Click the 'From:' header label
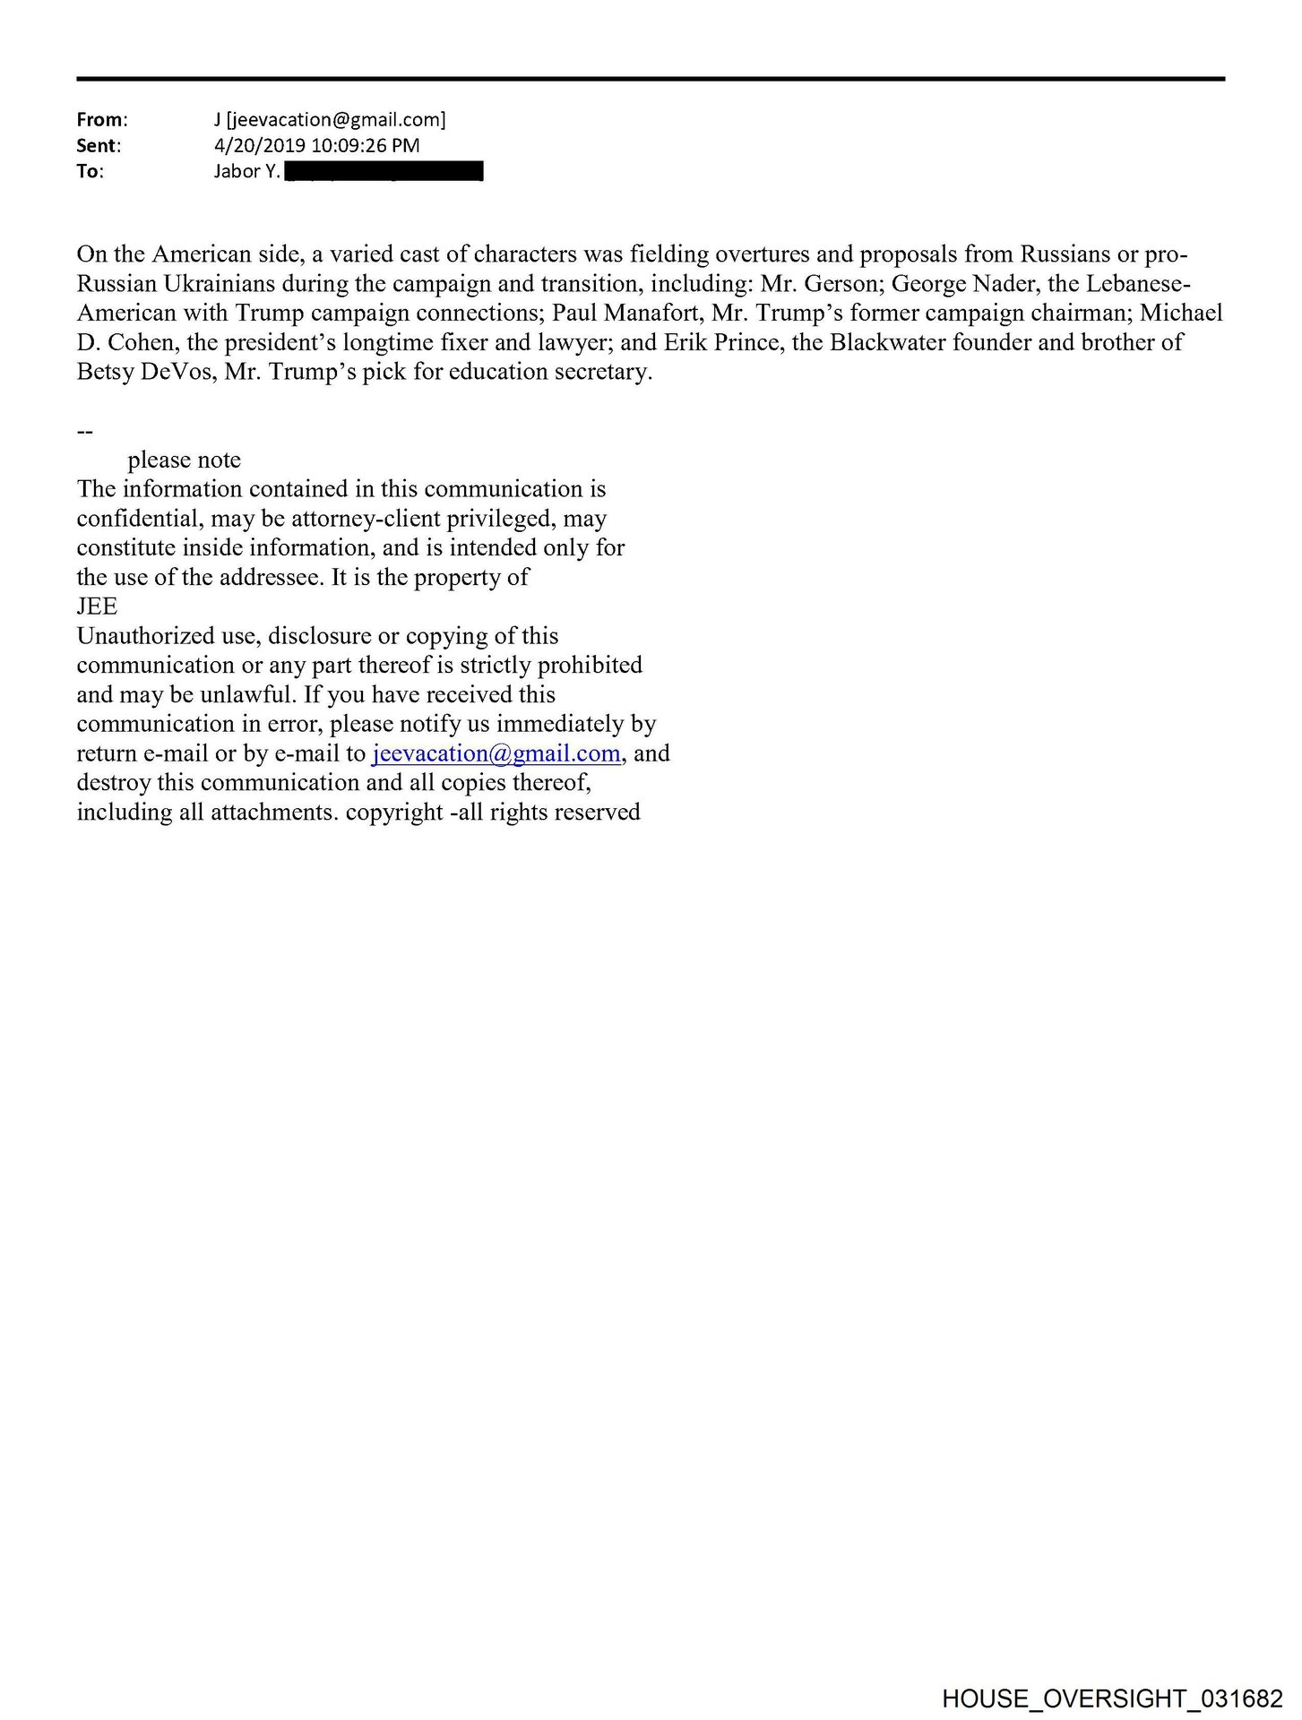pyautogui.click(x=101, y=119)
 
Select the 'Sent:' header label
pyautogui.click(x=98, y=145)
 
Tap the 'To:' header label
pyautogui.click(x=90, y=171)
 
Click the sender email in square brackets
pyautogui.click(x=336, y=119)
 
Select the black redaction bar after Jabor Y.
pyautogui.click(x=383, y=171)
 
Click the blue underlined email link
pyautogui.click(x=496, y=753)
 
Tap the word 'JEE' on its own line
pyautogui.click(x=97, y=606)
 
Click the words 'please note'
pyautogui.click(x=184, y=460)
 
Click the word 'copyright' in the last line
pyautogui.click(x=394, y=813)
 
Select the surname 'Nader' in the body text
pyautogui.click(x=1005, y=284)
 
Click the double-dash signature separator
pyautogui.click(x=85, y=431)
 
